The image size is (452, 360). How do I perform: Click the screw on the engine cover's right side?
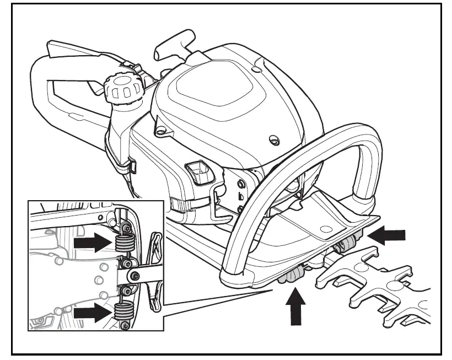point(273,141)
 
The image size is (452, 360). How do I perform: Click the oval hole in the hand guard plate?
point(327,228)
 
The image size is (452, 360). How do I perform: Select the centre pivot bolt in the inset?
point(132,276)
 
